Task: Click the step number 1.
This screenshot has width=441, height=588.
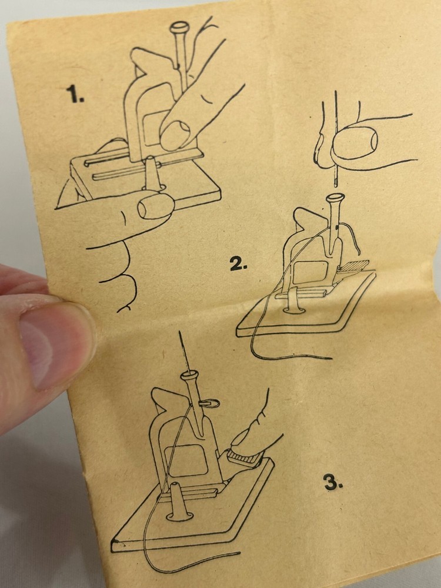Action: [x=75, y=93]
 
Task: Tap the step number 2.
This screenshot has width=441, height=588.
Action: [x=239, y=265]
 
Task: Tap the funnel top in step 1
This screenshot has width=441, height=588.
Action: [x=179, y=27]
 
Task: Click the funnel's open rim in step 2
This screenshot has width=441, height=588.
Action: [x=336, y=197]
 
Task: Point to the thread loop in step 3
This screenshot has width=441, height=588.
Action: [x=211, y=403]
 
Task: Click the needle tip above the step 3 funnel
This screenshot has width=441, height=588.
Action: [x=180, y=332]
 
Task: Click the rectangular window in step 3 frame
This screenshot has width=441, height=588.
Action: [x=186, y=460]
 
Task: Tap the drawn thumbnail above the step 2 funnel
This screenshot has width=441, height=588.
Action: [x=355, y=143]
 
